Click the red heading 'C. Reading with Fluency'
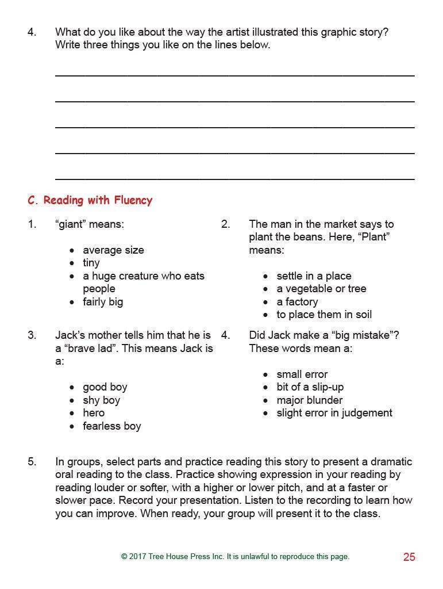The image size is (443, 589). pos(90,200)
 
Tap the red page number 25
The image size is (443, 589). pos(409,557)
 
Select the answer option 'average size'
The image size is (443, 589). pos(113,250)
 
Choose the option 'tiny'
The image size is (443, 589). pos(91,263)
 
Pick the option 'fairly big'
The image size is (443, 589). pos(103,301)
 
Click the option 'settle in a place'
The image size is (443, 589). pos(314,276)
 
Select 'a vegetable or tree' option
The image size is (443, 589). pos(321,289)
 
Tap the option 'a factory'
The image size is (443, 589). pos(297,301)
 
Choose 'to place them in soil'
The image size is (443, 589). pos(324,314)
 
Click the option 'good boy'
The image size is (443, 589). pos(105,387)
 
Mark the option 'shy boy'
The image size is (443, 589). pos(102,400)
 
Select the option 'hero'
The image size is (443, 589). pos(94,412)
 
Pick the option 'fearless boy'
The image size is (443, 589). pos(112,426)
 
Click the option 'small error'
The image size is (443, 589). pos(302,374)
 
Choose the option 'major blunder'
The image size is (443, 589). pos(309,400)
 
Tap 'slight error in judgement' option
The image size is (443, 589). pos(334,412)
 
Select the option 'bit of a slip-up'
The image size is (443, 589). pos(310,387)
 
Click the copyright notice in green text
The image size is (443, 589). pos(235,556)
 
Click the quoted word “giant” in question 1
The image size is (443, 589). pos(71,224)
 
